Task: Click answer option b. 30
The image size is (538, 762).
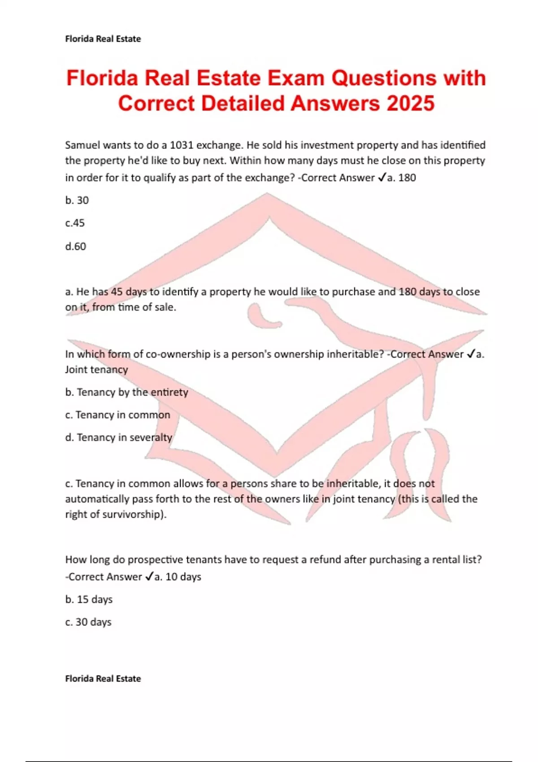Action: pyautogui.click(x=77, y=200)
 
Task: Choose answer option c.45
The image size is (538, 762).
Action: pyautogui.click(x=75, y=223)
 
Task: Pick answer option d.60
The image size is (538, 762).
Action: pyautogui.click(x=76, y=247)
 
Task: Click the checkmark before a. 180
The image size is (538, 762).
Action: pyautogui.click(x=382, y=178)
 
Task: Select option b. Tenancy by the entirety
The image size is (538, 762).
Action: pyautogui.click(x=126, y=392)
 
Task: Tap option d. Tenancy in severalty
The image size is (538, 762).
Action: pyautogui.click(x=118, y=437)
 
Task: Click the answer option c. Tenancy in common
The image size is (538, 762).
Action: pyautogui.click(x=117, y=415)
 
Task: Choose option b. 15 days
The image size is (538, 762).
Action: pyautogui.click(x=89, y=600)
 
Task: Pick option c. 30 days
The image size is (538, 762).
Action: pyautogui.click(x=88, y=622)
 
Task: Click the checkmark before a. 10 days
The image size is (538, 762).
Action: pyautogui.click(x=149, y=577)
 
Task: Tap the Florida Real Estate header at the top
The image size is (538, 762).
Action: pyautogui.click(x=103, y=39)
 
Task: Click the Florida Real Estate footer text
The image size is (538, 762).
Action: pyautogui.click(x=103, y=679)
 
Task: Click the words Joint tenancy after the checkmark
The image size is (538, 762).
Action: pyautogui.click(x=96, y=370)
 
